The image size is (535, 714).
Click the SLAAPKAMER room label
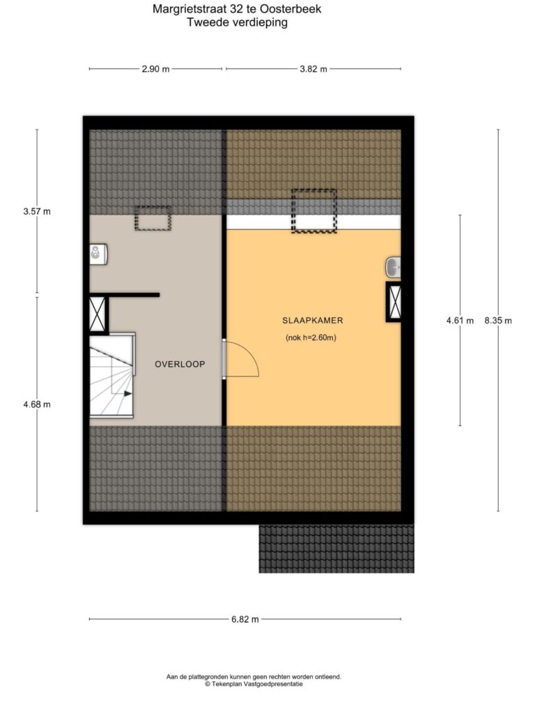[x=313, y=321]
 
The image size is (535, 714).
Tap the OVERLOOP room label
[x=180, y=364]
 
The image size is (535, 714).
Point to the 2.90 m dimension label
[x=155, y=69]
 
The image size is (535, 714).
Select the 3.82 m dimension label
[x=313, y=69]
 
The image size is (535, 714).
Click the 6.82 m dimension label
[x=245, y=619]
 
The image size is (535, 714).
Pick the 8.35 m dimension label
[x=497, y=321]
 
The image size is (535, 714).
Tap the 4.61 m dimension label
[x=460, y=321]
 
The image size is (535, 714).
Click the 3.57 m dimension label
[x=37, y=212]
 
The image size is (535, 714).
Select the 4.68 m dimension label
[x=37, y=404]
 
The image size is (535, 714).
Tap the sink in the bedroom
[x=394, y=267]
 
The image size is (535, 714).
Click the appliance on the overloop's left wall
[x=98, y=254]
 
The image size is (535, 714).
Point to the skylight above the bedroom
[x=314, y=211]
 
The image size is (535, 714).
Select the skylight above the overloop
[x=153, y=218]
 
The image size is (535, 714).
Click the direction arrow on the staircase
[x=128, y=393]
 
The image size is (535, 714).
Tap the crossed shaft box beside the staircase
[x=98, y=314]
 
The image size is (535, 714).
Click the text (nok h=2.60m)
[x=311, y=338]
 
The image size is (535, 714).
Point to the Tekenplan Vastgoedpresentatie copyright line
[x=254, y=684]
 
